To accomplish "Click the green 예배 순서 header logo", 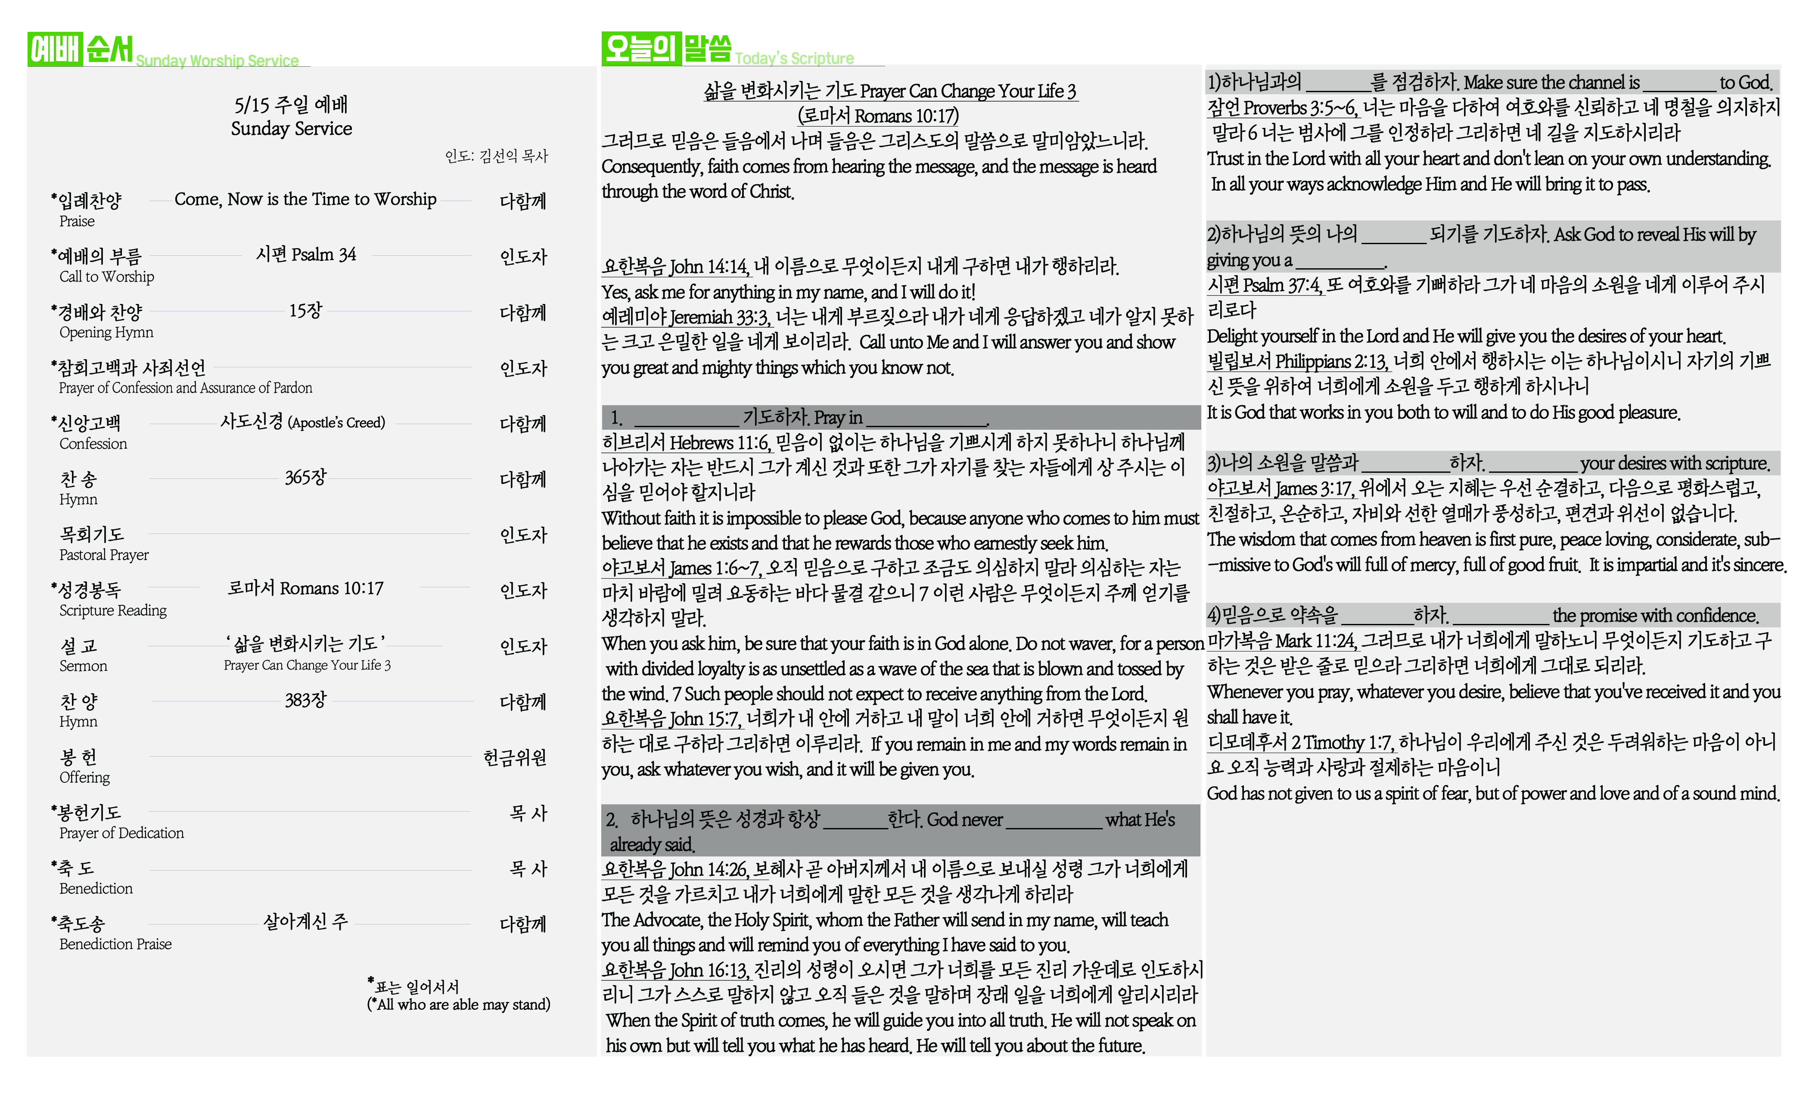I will click(x=81, y=49).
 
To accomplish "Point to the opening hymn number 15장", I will click(x=305, y=310).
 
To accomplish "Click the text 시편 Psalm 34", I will click(x=305, y=254).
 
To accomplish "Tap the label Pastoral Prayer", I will click(x=103, y=555).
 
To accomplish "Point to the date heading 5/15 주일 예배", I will click(x=292, y=105).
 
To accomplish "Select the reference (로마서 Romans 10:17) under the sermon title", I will click(x=878, y=116).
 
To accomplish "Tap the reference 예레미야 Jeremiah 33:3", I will click(x=686, y=318).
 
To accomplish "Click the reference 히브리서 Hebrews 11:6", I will click(x=686, y=443).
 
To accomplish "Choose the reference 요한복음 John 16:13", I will click(x=675, y=970).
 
